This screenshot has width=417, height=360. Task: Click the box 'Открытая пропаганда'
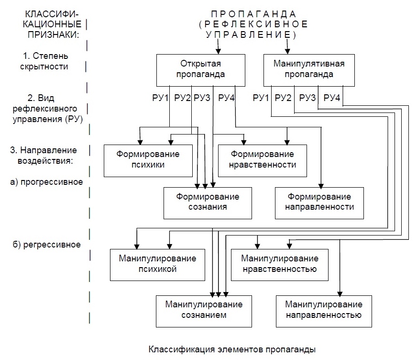(200, 70)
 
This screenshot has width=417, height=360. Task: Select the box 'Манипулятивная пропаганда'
(309, 70)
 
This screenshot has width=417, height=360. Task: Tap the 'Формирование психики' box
(148, 161)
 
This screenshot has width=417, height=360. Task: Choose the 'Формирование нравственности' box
(262, 161)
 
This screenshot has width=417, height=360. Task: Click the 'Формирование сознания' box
(208, 203)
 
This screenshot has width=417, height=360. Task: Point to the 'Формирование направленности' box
(319, 203)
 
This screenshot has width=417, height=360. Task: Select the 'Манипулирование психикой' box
(157, 265)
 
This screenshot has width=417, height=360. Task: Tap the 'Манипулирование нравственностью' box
(279, 265)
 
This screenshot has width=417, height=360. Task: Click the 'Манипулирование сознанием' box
(204, 311)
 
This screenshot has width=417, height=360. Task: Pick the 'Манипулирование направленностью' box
(324, 311)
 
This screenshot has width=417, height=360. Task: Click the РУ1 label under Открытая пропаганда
(160, 98)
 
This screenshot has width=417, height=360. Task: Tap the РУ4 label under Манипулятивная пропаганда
(331, 98)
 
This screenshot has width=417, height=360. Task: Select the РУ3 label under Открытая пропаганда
(202, 98)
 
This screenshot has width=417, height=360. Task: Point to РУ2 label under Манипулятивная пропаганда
(283, 98)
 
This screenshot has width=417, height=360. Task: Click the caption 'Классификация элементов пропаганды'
(232, 349)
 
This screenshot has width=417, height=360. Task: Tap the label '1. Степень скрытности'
(44, 61)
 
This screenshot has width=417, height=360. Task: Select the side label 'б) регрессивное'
(47, 245)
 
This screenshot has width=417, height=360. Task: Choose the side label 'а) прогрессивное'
(46, 182)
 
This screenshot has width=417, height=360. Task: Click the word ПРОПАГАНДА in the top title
(253, 14)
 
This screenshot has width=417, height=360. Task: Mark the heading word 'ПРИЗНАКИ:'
(54, 34)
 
